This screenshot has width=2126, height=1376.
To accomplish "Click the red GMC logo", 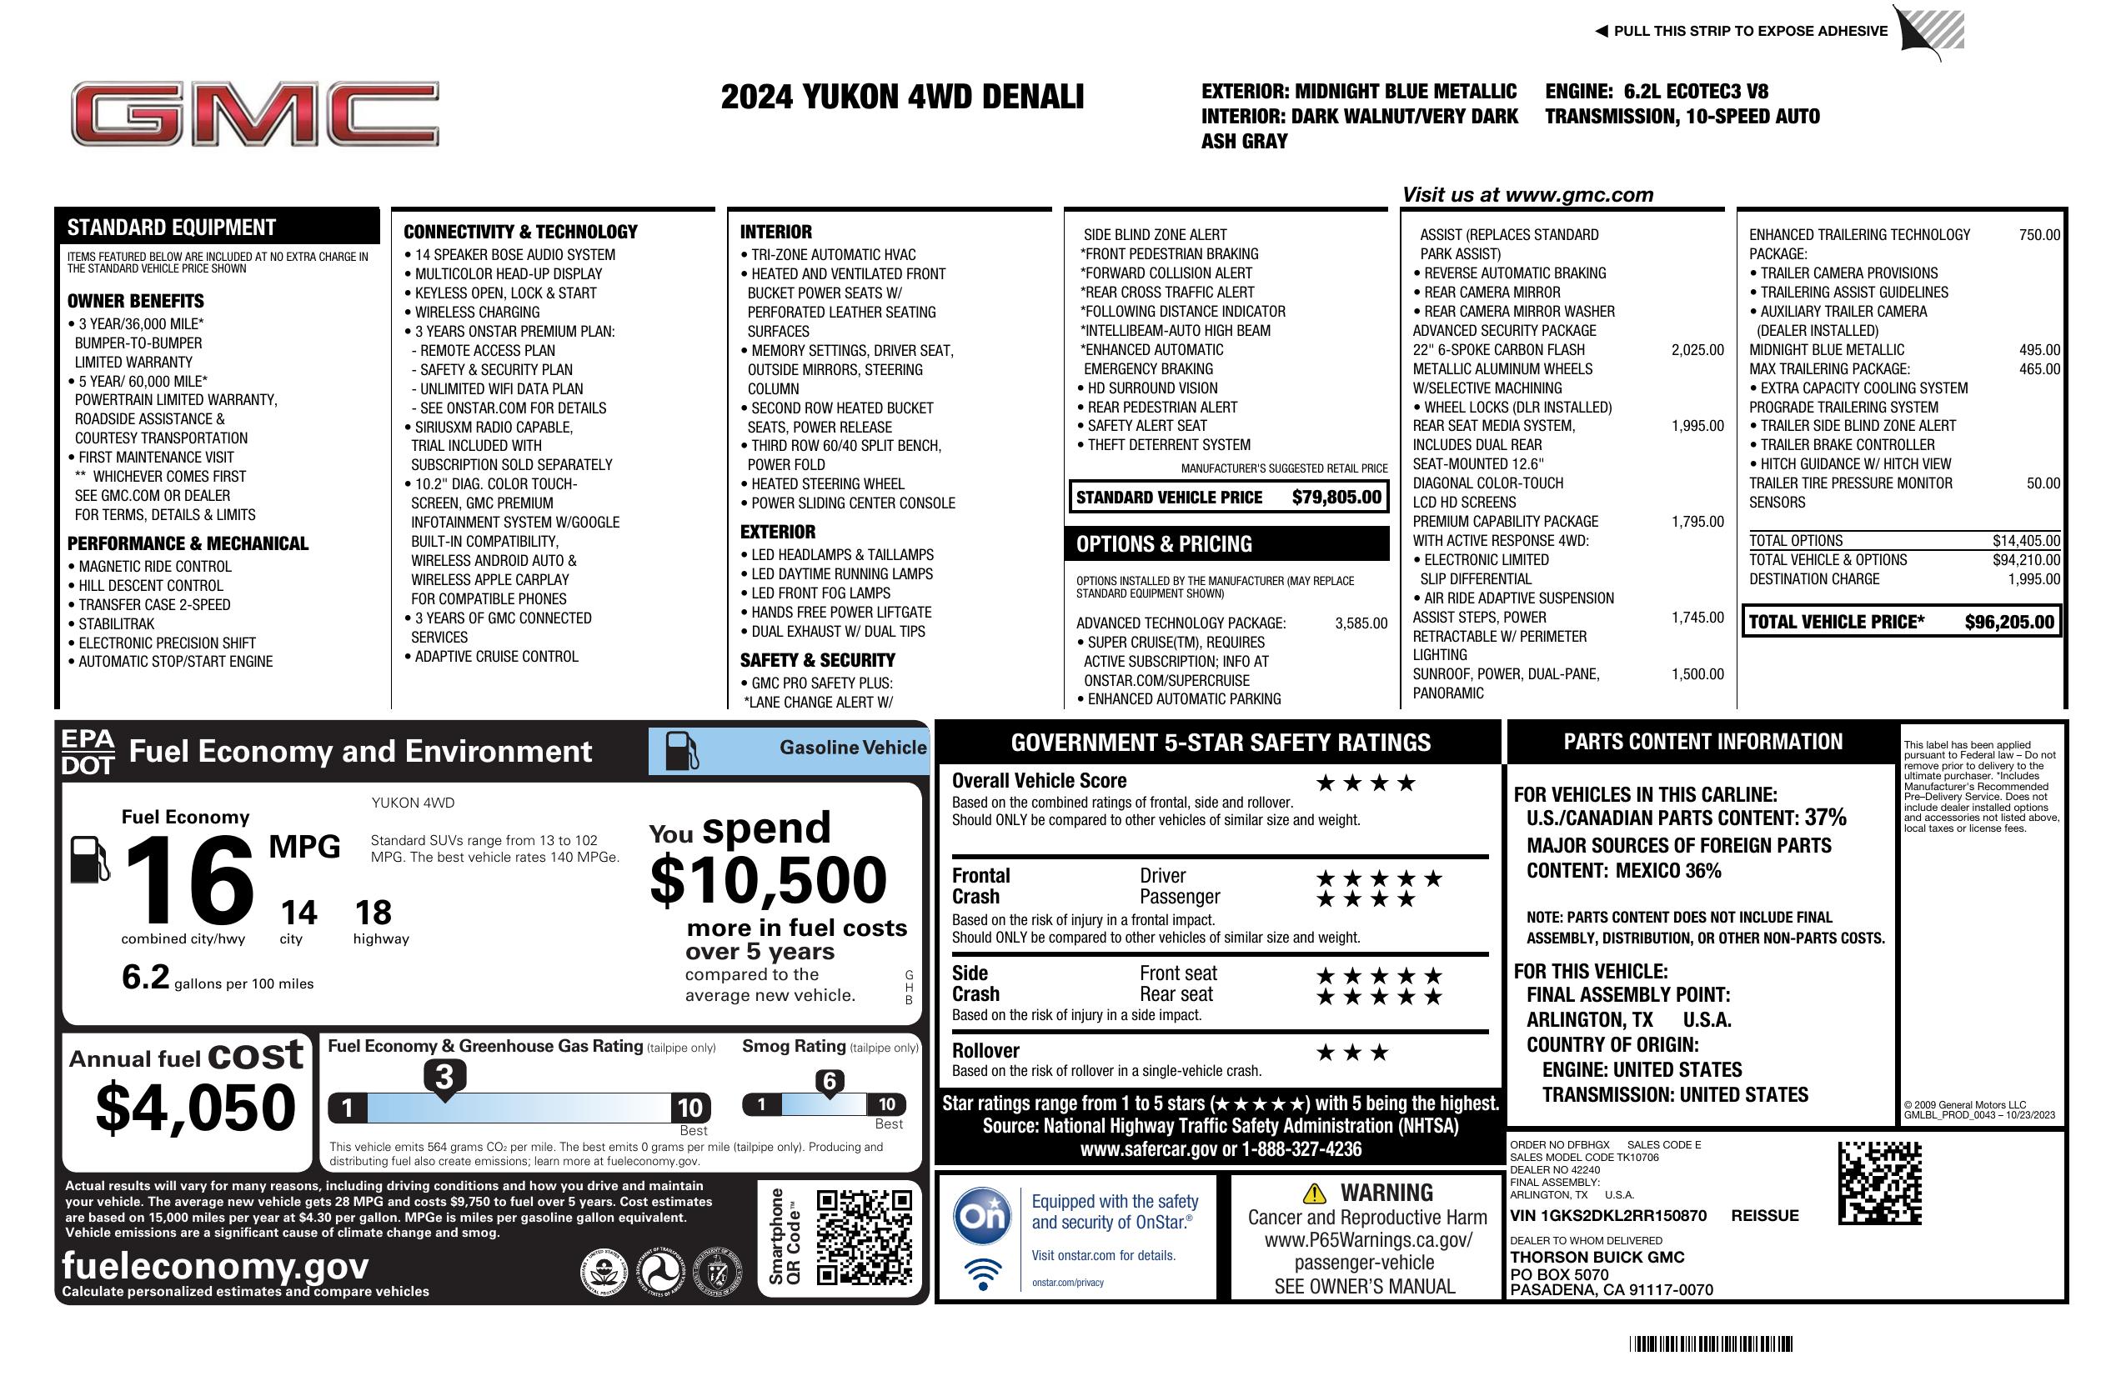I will [x=254, y=113].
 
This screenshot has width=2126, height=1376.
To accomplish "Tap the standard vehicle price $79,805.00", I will [x=1336, y=498].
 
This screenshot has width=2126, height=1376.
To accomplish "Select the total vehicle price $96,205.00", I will [x=2009, y=623].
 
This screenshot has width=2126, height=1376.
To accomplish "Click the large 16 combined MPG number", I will [x=189, y=880].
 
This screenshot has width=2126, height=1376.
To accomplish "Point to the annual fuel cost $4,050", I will [x=195, y=1108].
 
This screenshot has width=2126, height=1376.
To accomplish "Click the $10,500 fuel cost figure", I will [x=768, y=880].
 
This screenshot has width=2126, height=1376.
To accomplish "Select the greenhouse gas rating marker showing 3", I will [x=444, y=1077].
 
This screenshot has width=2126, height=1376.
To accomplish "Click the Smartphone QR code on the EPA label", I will [x=863, y=1237].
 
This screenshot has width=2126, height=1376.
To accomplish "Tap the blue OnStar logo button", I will [x=982, y=1215].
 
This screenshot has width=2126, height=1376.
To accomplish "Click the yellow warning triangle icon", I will [x=1313, y=1193].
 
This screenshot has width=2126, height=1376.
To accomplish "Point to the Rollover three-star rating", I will [x=1352, y=1053].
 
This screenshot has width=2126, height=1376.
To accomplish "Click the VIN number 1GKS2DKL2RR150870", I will [x=1608, y=1215].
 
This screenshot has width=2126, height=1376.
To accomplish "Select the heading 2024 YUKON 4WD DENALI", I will [x=902, y=97].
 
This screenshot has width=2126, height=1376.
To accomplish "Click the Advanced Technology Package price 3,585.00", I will [x=1361, y=623].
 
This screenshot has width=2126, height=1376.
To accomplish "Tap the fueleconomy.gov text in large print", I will [x=215, y=1265].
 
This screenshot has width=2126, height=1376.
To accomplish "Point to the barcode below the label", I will [x=1710, y=1343].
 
